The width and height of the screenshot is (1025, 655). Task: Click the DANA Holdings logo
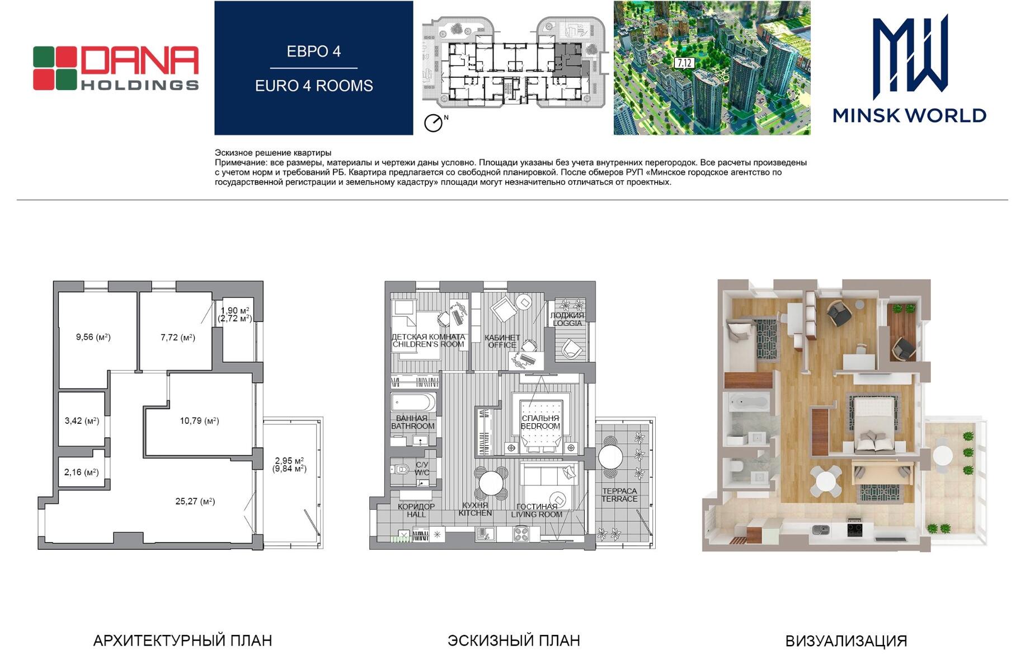coord(116,68)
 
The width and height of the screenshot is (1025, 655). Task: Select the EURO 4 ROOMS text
coord(314,86)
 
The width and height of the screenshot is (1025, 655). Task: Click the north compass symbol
coord(434,123)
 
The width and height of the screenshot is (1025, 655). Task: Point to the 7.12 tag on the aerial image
coord(684,63)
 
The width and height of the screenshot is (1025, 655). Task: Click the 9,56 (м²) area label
coord(93,337)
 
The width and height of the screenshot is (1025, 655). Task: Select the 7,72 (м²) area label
coord(178,338)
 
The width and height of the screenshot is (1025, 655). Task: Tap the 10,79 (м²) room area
coord(199,420)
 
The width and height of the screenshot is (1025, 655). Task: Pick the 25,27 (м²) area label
coord(195,501)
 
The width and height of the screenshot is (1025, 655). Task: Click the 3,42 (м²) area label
coord(82,420)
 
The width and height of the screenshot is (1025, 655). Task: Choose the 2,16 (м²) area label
coord(81,472)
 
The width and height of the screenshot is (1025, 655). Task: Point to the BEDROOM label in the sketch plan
coord(540,426)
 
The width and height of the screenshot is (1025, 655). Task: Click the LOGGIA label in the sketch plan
coord(567,323)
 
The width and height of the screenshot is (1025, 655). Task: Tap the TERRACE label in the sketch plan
coord(619,499)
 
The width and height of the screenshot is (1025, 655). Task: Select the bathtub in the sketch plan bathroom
coord(413,402)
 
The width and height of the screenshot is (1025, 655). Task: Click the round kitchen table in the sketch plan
coord(491,483)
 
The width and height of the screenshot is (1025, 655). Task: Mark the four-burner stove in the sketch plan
coord(521,534)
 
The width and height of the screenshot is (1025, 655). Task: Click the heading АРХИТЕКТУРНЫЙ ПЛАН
coord(182,640)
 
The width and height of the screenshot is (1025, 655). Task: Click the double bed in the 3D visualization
coord(873,423)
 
